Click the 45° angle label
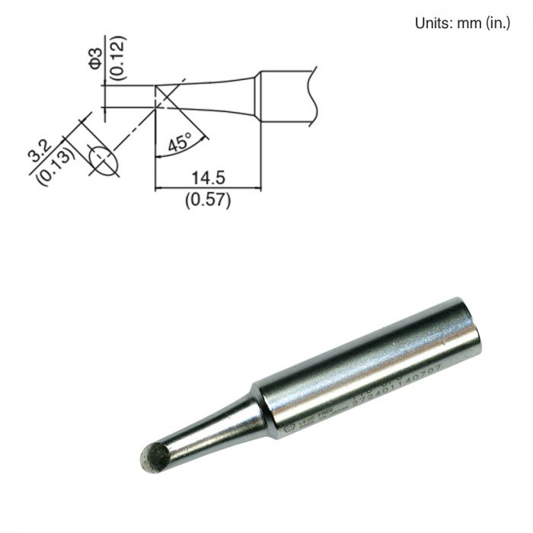click(180, 143)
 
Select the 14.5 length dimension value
click(208, 178)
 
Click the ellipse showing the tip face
click(103, 160)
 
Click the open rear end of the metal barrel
click(466, 327)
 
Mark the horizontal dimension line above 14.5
click(208, 188)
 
